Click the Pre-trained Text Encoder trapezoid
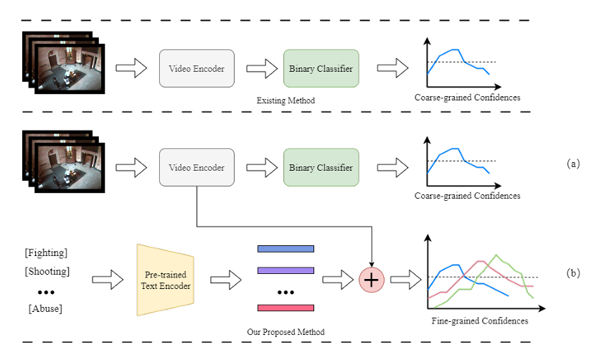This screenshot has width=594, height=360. point(166,280)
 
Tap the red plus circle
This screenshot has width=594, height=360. point(372,280)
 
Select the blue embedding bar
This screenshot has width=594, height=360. point(286,249)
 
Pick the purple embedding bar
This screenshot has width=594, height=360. point(286,270)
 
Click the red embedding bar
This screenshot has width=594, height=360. point(286,308)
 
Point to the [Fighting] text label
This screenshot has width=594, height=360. point(46,252)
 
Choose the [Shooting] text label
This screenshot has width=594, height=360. point(47,271)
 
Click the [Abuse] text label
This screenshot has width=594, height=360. point(45,308)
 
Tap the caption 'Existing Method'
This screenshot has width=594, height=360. point(286,100)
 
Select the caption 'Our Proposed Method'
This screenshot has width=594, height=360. point(286,332)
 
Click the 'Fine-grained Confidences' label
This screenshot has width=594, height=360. point(480,321)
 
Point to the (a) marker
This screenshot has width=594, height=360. point(573,164)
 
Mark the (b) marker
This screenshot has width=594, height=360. point(573,273)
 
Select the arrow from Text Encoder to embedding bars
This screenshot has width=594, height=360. point(226,280)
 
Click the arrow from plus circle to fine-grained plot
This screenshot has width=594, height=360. point(406,280)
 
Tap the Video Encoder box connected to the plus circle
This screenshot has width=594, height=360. point(197,167)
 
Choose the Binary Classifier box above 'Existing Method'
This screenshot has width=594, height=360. point(321,69)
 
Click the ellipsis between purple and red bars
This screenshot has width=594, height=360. point(286,293)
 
